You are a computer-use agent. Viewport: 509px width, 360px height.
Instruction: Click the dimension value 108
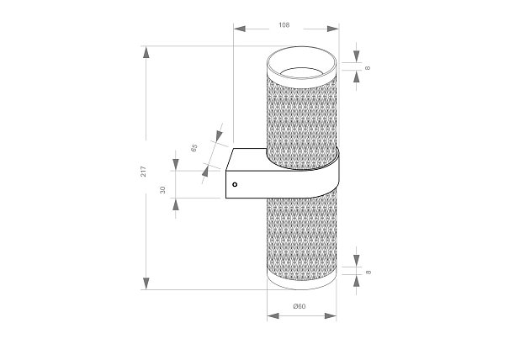pyautogui.click(x=284, y=25)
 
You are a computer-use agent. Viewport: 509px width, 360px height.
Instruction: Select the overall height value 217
pyautogui.click(x=144, y=171)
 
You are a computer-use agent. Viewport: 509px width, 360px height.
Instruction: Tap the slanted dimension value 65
pyautogui.click(x=194, y=148)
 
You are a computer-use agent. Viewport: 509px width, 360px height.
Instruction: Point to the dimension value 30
pyautogui.click(x=162, y=189)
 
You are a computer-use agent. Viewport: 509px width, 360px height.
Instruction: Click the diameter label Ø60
pyautogui.click(x=299, y=306)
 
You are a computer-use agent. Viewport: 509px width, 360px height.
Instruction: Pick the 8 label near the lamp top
pyautogui.click(x=368, y=68)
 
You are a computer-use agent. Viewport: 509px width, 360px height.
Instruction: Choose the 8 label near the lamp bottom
pyautogui.click(x=368, y=272)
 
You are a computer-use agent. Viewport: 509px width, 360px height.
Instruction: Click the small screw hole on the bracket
pyautogui.click(x=235, y=184)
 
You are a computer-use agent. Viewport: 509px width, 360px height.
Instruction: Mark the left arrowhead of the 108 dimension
pyautogui.click(x=240, y=29)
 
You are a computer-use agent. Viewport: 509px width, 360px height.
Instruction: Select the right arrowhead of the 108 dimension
pyautogui.click(x=333, y=29)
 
